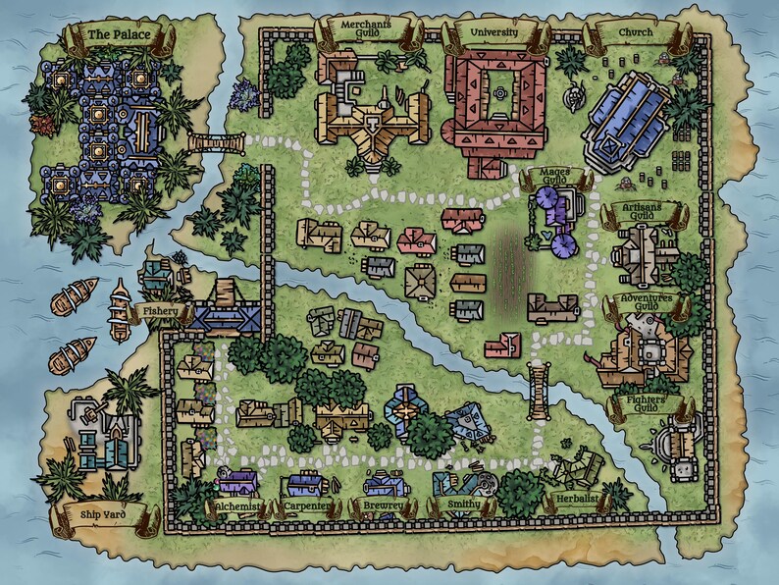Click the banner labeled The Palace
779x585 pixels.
click(120, 36)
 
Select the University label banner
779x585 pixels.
click(493, 33)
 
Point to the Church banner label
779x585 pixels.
click(635, 33)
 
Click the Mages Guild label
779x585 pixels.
click(555, 178)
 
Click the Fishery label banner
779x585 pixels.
click(160, 311)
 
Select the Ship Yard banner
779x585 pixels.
click(101, 513)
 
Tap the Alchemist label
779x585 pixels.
click(236, 506)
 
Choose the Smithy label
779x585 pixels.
click(463, 506)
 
